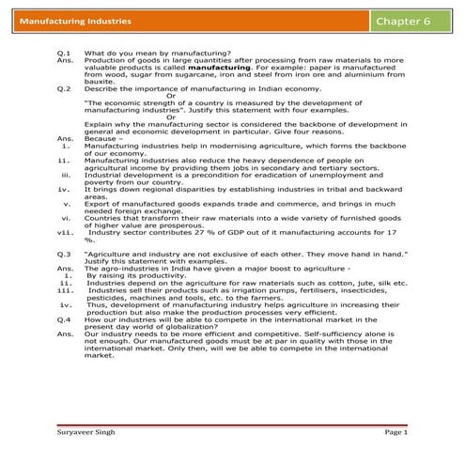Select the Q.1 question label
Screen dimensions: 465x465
click(x=64, y=54)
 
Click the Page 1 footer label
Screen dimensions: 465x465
click(x=395, y=431)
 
